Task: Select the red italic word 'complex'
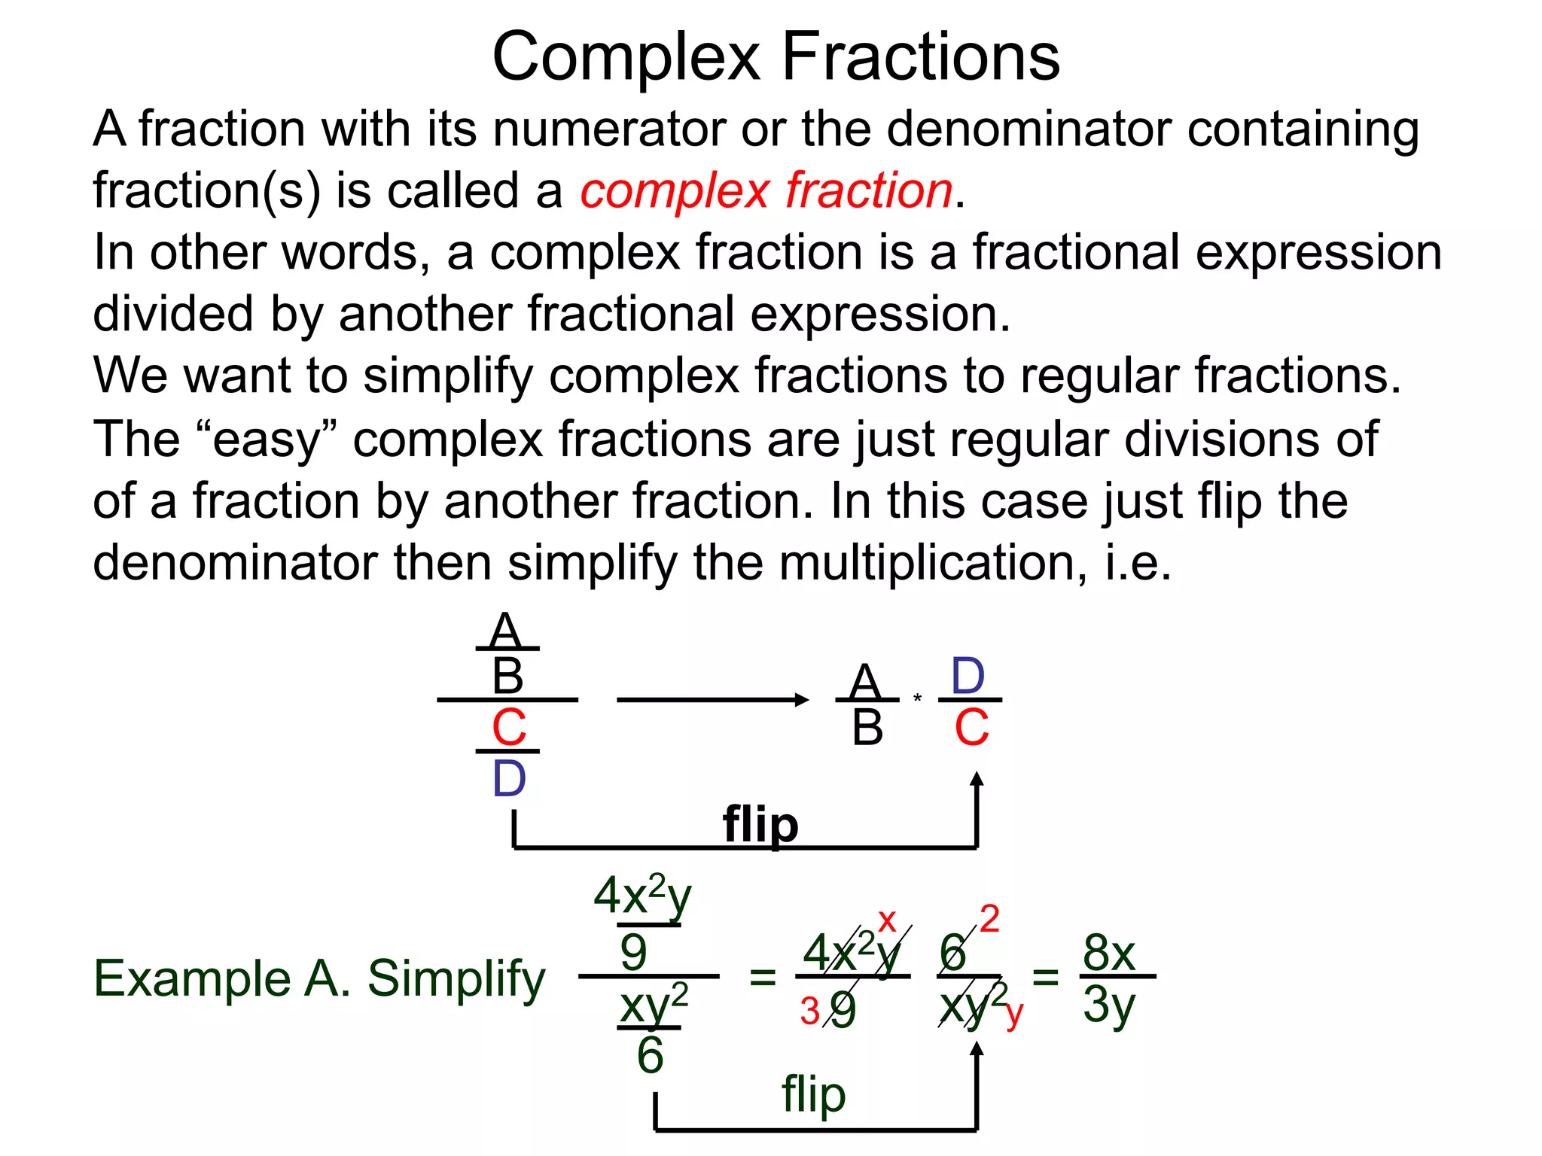(x=675, y=190)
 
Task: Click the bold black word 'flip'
(x=760, y=825)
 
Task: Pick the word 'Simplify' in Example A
(x=456, y=980)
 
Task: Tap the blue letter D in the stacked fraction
(x=508, y=779)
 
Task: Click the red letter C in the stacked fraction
(x=508, y=728)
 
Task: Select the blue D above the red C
(x=968, y=676)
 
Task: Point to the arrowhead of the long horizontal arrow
(x=803, y=700)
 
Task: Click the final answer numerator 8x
(x=1108, y=953)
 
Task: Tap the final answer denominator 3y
(x=1108, y=1005)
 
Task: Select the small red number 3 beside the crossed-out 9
(x=810, y=1011)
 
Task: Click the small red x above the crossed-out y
(x=887, y=920)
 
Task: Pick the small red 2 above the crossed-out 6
(x=989, y=919)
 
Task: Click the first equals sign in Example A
(x=762, y=978)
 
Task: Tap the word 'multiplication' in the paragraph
(x=931, y=563)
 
